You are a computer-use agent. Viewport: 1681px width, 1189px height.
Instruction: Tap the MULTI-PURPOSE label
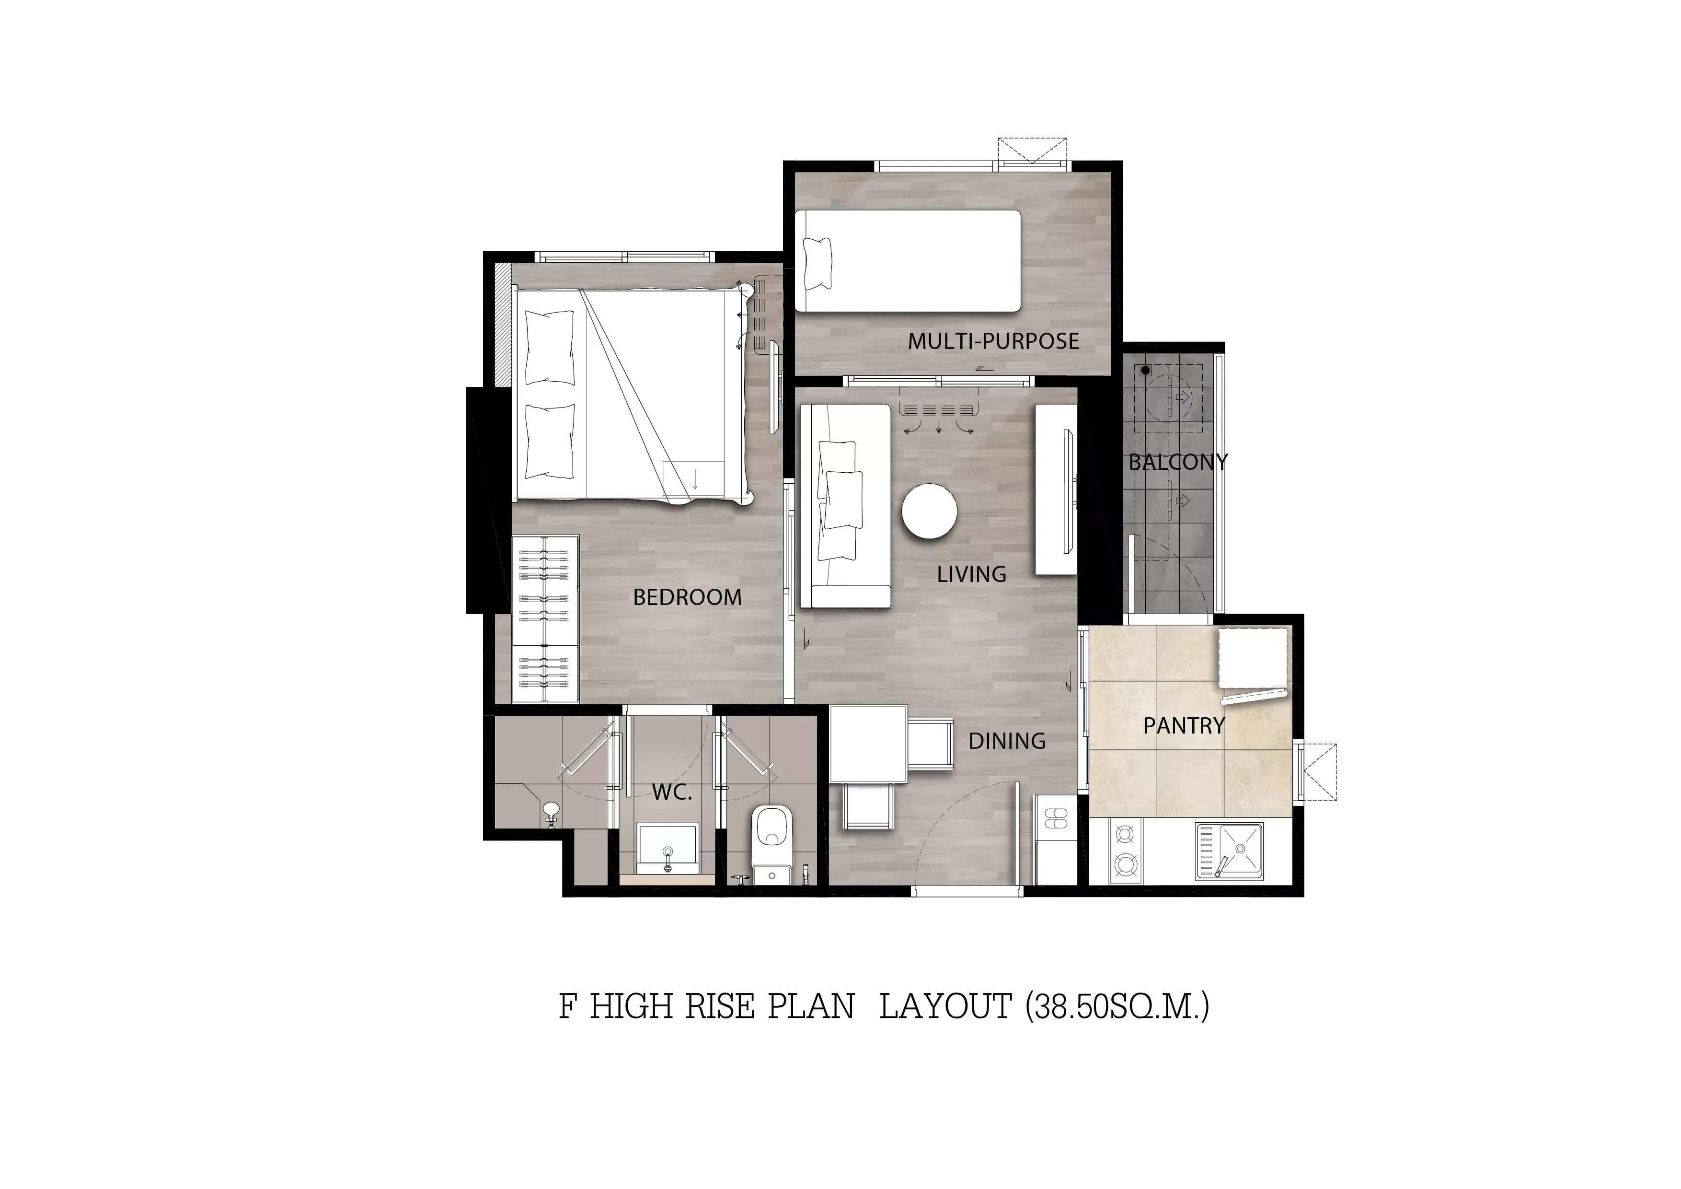(993, 341)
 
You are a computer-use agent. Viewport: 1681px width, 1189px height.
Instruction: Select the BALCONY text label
(1178, 462)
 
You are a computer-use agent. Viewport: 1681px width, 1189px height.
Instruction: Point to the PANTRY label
(1184, 726)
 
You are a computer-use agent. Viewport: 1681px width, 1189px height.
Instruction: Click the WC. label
(672, 792)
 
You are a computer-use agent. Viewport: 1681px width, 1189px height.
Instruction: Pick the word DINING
(1007, 741)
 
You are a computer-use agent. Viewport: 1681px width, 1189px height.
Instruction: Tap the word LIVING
(971, 574)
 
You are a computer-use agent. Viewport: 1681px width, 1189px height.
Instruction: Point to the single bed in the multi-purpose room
(908, 261)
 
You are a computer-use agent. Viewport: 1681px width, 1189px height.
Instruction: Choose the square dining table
(868, 743)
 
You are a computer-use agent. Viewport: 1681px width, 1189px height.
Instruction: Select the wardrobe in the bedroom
(545, 620)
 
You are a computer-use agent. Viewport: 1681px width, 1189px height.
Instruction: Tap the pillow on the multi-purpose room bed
(818, 264)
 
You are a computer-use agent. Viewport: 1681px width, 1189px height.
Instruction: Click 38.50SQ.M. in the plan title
(1117, 1007)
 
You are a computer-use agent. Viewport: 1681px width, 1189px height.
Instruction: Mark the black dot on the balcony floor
(1146, 371)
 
